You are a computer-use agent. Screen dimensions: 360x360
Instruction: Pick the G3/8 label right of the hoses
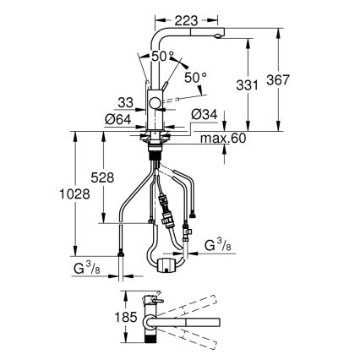tap(218, 247)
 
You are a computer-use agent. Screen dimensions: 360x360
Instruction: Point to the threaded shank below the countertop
tap(155, 151)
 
